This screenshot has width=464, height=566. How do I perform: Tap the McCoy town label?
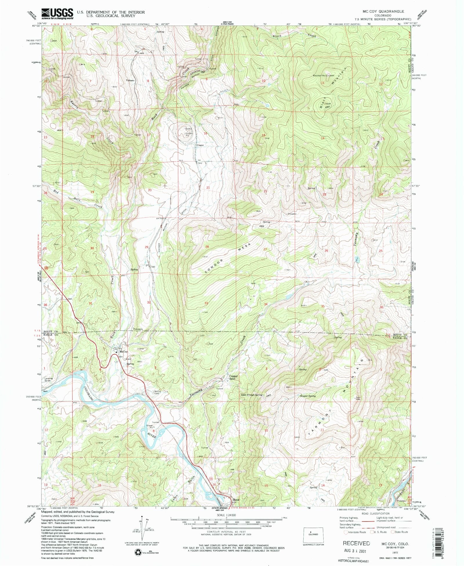(124, 352)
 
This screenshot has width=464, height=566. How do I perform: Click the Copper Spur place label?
(233, 377)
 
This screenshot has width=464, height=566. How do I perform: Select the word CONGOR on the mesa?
(214, 266)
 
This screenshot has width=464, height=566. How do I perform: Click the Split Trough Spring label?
(251, 395)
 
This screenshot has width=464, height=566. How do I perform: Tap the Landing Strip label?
(49, 379)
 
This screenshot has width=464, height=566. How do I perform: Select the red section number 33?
(206, 303)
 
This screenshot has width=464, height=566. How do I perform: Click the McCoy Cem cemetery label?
(158, 392)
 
